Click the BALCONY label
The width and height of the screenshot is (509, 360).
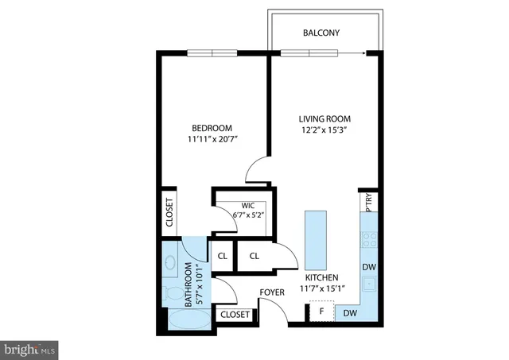[x=321, y=33]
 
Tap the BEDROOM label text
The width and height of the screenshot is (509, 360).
[x=212, y=129]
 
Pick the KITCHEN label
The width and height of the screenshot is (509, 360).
[x=322, y=277]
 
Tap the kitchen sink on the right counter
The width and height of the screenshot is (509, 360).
[x=369, y=285]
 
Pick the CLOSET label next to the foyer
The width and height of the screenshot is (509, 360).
[x=235, y=315]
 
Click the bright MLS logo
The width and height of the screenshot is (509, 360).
[x=30, y=348]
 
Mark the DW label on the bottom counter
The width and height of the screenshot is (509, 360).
[x=350, y=314]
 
